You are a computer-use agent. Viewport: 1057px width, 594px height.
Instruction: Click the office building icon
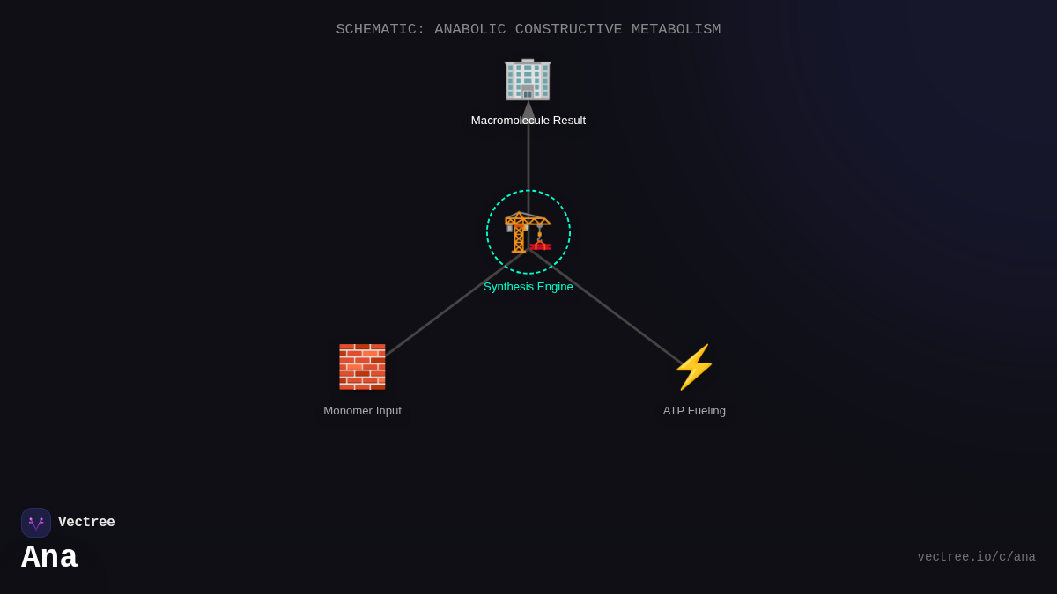click(x=528, y=79)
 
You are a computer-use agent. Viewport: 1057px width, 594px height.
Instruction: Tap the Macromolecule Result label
click(x=528, y=121)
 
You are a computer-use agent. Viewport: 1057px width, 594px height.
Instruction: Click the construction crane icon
click(x=528, y=232)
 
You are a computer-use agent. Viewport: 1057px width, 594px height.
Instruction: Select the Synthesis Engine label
click(x=528, y=287)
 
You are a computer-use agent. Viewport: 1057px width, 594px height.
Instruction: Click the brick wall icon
click(x=362, y=367)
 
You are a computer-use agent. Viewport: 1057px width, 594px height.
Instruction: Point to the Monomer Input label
click(x=362, y=411)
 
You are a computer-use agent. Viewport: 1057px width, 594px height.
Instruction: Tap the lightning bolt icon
click(x=694, y=367)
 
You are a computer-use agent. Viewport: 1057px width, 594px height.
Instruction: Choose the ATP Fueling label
click(x=694, y=411)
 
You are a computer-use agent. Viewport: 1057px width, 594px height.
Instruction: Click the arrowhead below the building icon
click(x=528, y=111)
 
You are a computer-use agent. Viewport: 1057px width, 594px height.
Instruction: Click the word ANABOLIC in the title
click(x=469, y=30)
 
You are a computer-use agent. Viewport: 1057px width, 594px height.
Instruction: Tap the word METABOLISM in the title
click(x=676, y=30)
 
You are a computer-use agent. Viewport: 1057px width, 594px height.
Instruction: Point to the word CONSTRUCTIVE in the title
click(x=568, y=30)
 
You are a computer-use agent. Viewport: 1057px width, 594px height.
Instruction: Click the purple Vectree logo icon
click(x=36, y=523)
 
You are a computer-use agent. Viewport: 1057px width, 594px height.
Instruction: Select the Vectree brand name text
click(x=86, y=523)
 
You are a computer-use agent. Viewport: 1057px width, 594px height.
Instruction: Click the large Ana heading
click(x=49, y=558)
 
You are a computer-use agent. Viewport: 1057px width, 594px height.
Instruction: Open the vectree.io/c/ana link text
click(x=976, y=557)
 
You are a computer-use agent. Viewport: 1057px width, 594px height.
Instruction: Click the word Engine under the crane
click(x=552, y=287)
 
